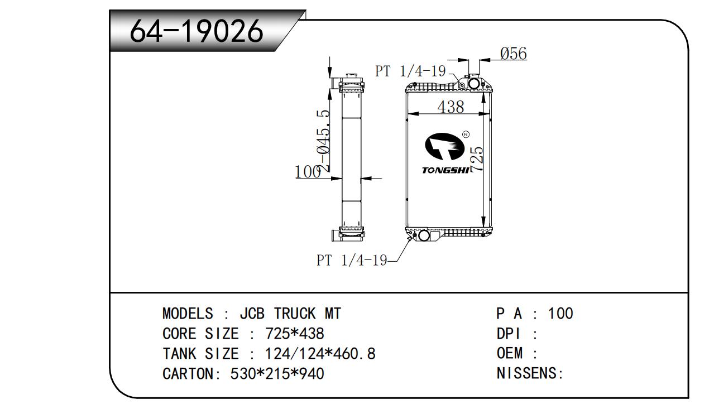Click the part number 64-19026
196,31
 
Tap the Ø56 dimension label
513,54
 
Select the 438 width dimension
451,107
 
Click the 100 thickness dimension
308,172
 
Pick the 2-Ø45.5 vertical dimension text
323,139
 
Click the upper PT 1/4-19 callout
410,71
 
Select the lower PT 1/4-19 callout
352,260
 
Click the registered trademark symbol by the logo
466,134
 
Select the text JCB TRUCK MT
290,314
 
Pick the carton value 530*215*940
277,373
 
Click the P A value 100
561,314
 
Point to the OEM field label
510,354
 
